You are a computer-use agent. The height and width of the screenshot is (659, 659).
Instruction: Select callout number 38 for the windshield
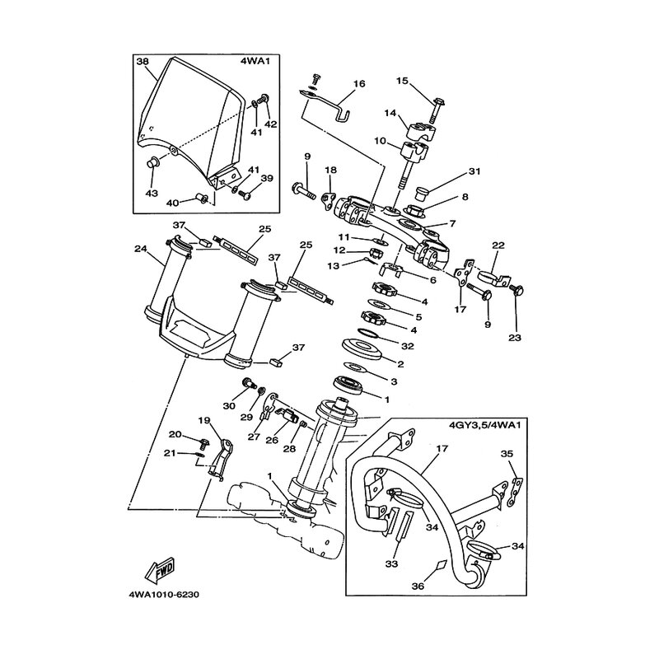[x=143, y=61]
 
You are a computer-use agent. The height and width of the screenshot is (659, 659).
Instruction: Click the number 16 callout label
[x=359, y=84]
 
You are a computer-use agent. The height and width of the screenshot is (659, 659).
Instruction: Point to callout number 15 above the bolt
[x=402, y=80]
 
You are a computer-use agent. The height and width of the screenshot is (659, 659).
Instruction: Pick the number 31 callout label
[x=474, y=171]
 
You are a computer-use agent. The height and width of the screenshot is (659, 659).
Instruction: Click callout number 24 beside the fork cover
[x=140, y=249]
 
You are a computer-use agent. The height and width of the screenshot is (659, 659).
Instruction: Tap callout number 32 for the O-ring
[x=408, y=346]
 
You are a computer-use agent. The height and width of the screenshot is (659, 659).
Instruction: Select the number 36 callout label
[x=418, y=586]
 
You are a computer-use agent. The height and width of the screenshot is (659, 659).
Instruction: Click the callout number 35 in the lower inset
[x=507, y=454]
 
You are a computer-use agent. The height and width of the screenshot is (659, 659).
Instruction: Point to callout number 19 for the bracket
[x=203, y=421]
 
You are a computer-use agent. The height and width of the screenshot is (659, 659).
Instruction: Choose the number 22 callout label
[x=498, y=245]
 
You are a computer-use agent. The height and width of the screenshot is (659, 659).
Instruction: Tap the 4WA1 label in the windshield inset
[x=255, y=61]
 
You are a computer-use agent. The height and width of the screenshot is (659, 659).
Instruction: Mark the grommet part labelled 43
[x=152, y=161]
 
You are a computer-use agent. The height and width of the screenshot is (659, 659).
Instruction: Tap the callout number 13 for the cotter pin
[x=334, y=266]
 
